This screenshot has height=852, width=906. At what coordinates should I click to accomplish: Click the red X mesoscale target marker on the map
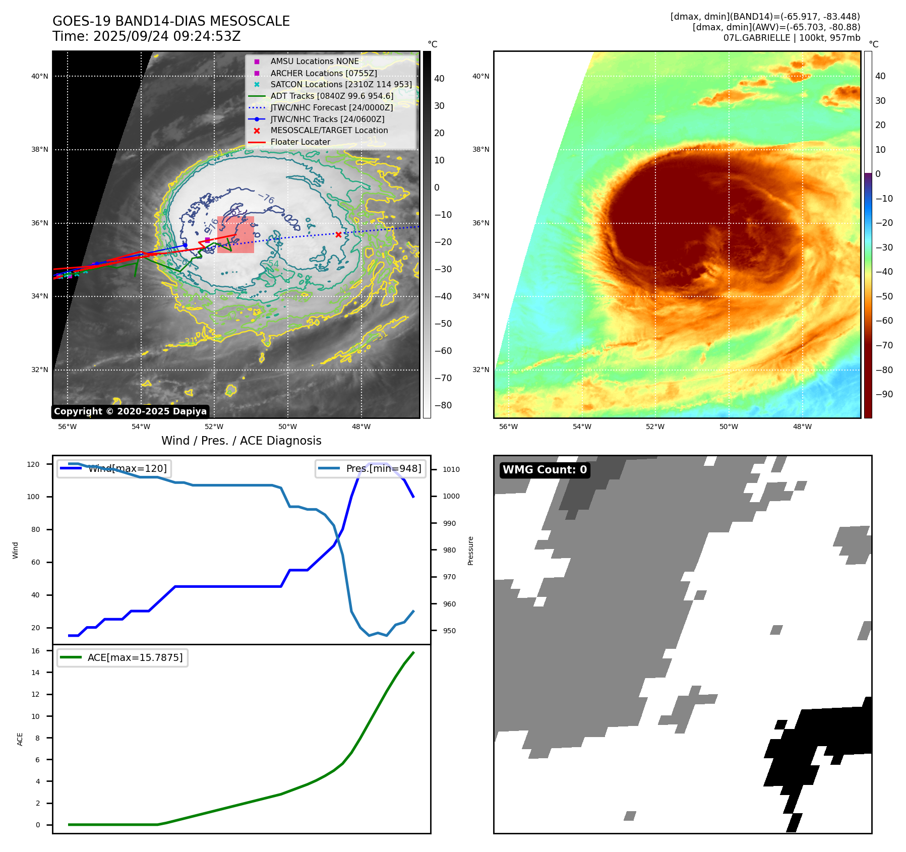click(x=338, y=234)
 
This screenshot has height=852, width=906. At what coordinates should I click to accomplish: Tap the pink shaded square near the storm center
click(x=235, y=235)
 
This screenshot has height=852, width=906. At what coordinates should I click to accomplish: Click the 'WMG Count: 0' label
click(x=545, y=470)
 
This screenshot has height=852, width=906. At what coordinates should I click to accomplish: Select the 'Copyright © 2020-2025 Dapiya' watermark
click(x=130, y=411)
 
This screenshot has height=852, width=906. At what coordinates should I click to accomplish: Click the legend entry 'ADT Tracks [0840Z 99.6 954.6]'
click(x=332, y=96)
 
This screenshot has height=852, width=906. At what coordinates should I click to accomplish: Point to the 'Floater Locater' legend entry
click(x=300, y=142)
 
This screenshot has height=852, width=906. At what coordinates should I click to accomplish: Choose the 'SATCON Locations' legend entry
click(x=341, y=84)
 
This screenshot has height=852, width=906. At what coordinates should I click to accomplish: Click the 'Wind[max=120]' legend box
click(x=114, y=468)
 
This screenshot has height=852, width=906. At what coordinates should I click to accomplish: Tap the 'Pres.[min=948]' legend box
click(x=370, y=468)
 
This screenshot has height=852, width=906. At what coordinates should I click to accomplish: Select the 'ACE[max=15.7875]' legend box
click(x=123, y=657)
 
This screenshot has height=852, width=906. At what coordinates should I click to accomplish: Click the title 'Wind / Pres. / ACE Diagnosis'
click(x=241, y=441)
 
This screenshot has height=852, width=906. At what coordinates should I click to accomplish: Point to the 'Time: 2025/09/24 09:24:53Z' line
click(x=146, y=36)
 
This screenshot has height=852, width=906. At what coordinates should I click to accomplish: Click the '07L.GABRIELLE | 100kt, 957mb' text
click(x=792, y=38)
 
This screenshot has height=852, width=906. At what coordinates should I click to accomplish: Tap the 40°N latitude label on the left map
click(x=40, y=77)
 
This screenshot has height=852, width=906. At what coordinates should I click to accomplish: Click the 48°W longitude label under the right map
click(x=802, y=427)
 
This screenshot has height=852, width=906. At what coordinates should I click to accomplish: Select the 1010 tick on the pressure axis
click(x=451, y=469)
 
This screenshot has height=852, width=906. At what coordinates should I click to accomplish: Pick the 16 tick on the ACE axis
click(x=36, y=651)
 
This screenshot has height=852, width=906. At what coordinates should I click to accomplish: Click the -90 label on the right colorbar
click(x=884, y=394)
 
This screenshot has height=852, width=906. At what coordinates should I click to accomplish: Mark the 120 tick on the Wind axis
click(x=33, y=464)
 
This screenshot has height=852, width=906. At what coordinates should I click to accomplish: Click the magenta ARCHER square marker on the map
click(x=207, y=240)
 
